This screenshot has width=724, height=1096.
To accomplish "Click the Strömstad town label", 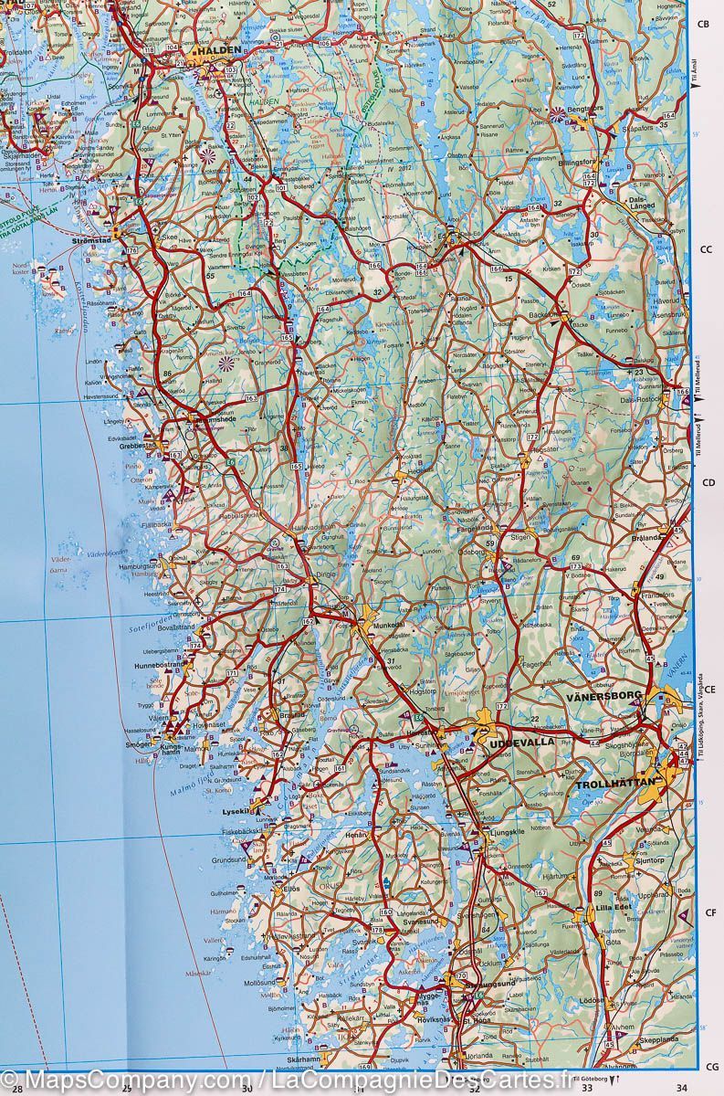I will pyautogui.click(x=90, y=241).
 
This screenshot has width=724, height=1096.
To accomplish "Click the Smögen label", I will pyautogui.click(x=137, y=745).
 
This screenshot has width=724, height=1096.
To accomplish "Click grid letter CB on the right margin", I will pyautogui.click(x=704, y=25).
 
